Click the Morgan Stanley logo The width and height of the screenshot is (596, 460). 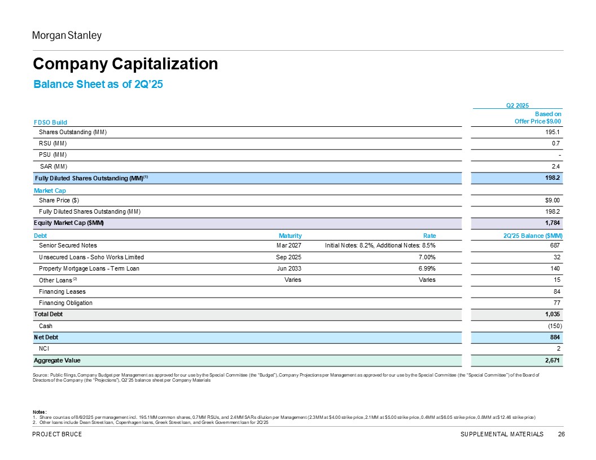(x=67, y=36)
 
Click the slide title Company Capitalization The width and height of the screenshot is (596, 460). (x=125, y=64)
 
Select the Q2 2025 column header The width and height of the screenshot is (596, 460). (x=518, y=105)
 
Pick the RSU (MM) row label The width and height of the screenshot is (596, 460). (x=53, y=143)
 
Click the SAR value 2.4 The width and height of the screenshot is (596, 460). (x=556, y=166)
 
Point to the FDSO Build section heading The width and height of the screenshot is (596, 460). (x=50, y=122)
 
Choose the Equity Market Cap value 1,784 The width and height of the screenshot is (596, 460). (x=553, y=223)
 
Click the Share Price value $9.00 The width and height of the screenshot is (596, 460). (x=552, y=200)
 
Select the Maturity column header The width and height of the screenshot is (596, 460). (x=290, y=236)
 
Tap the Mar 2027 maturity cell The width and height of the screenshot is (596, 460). (x=289, y=246)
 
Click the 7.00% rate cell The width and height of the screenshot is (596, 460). (x=427, y=257)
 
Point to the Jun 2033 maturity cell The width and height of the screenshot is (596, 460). (x=290, y=268)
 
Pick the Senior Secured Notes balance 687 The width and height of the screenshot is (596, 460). (x=555, y=246)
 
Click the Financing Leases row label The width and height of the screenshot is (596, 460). (x=62, y=291)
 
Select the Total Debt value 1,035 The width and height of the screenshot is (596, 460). (x=553, y=314)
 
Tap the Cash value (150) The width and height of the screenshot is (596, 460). (x=555, y=326)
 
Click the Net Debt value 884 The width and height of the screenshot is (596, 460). (x=555, y=338)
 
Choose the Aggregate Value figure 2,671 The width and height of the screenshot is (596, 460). (x=553, y=360)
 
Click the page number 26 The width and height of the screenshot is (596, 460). (x=562, y=434)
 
